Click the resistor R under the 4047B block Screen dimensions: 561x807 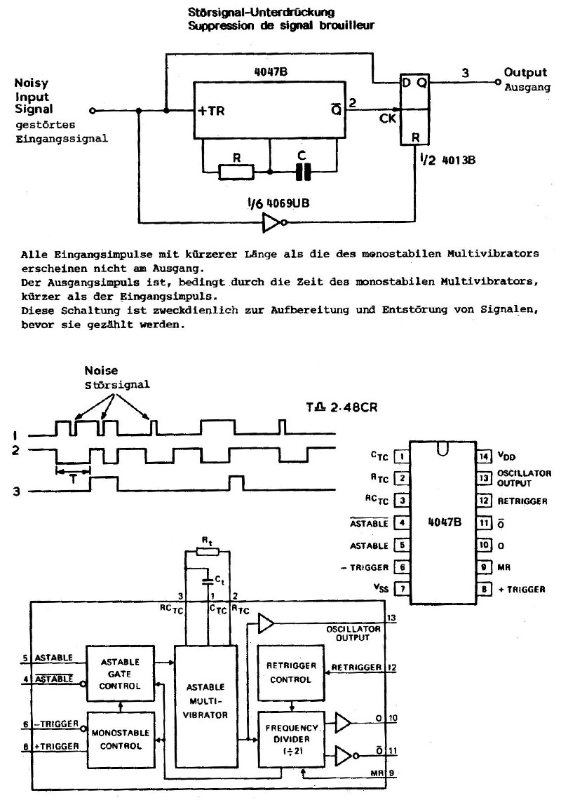236,172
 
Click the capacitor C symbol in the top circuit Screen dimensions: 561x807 303,171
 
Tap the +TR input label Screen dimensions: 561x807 212,110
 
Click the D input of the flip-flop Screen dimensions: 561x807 406,82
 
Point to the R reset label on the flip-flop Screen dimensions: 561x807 415,137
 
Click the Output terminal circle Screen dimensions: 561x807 497,82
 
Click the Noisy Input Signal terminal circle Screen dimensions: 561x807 93,110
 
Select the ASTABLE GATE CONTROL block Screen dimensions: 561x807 121,673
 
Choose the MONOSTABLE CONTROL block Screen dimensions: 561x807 121,740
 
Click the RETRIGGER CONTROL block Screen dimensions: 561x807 291,672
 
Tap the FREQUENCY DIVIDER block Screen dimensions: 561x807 291,739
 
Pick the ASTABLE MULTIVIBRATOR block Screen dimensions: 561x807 206,707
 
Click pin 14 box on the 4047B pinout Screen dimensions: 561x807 484,456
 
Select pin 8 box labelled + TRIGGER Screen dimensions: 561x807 484,589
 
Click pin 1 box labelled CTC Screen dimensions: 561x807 401,456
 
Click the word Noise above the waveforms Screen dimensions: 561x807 101,371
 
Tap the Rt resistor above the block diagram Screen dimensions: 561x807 208,552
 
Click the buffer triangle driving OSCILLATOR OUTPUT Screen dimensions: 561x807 266,623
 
